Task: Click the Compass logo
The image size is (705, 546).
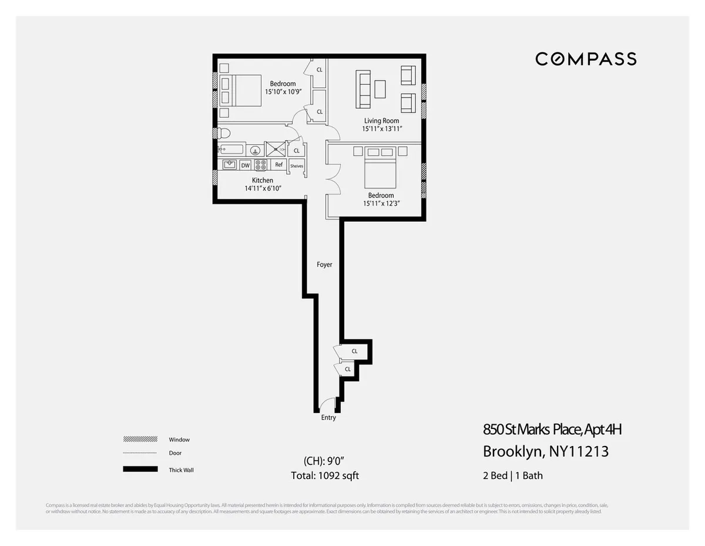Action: click(586, 59)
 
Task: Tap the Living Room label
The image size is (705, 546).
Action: click(381, 121)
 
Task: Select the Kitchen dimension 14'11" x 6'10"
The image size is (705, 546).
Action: click(263, 188)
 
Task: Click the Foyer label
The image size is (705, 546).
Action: click(324, 265)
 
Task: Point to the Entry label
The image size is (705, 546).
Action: click(328, 418)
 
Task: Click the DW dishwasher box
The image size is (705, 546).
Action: click(245, 165)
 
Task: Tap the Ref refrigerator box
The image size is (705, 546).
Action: click(279, 165)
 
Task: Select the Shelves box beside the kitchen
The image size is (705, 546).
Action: click(297, 166)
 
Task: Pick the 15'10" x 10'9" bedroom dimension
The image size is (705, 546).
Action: click(283, 92)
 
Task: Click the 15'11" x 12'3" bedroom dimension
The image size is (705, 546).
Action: click(381, 204)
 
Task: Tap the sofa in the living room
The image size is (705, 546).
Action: click(364, 89)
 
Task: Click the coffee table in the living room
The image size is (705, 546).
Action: click(380, 89)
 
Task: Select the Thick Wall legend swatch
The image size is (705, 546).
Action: click(140, 470)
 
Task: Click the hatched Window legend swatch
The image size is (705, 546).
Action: click(140, 440)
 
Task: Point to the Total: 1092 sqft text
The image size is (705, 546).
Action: click(325, 475)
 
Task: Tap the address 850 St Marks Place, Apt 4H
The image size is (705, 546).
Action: click(552, 430)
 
